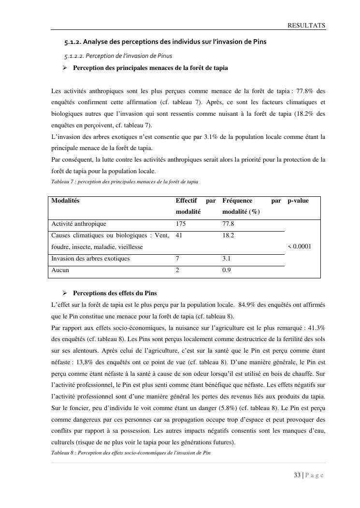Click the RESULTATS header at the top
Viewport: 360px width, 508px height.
(306, 25)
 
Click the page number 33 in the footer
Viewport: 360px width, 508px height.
(297, 475)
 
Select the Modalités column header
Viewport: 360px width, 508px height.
(66, 201)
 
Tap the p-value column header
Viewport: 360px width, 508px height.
(298, 201)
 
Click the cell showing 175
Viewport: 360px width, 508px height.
(181, 224)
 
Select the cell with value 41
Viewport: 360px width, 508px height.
(179, 235)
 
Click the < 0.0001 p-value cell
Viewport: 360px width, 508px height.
(299, 247)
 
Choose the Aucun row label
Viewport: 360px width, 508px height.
(60, 270)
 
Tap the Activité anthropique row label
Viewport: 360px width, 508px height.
(79, 224)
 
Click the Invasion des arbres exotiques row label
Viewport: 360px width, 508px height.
(90, 259)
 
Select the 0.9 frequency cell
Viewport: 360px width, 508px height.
(226, 270)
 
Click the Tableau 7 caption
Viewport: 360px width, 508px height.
(125, 182)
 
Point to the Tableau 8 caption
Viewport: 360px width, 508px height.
(130, 453)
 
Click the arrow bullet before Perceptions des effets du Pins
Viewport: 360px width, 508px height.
(64, 293)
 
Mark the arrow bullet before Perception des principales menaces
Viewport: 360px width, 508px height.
(64, 68)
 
